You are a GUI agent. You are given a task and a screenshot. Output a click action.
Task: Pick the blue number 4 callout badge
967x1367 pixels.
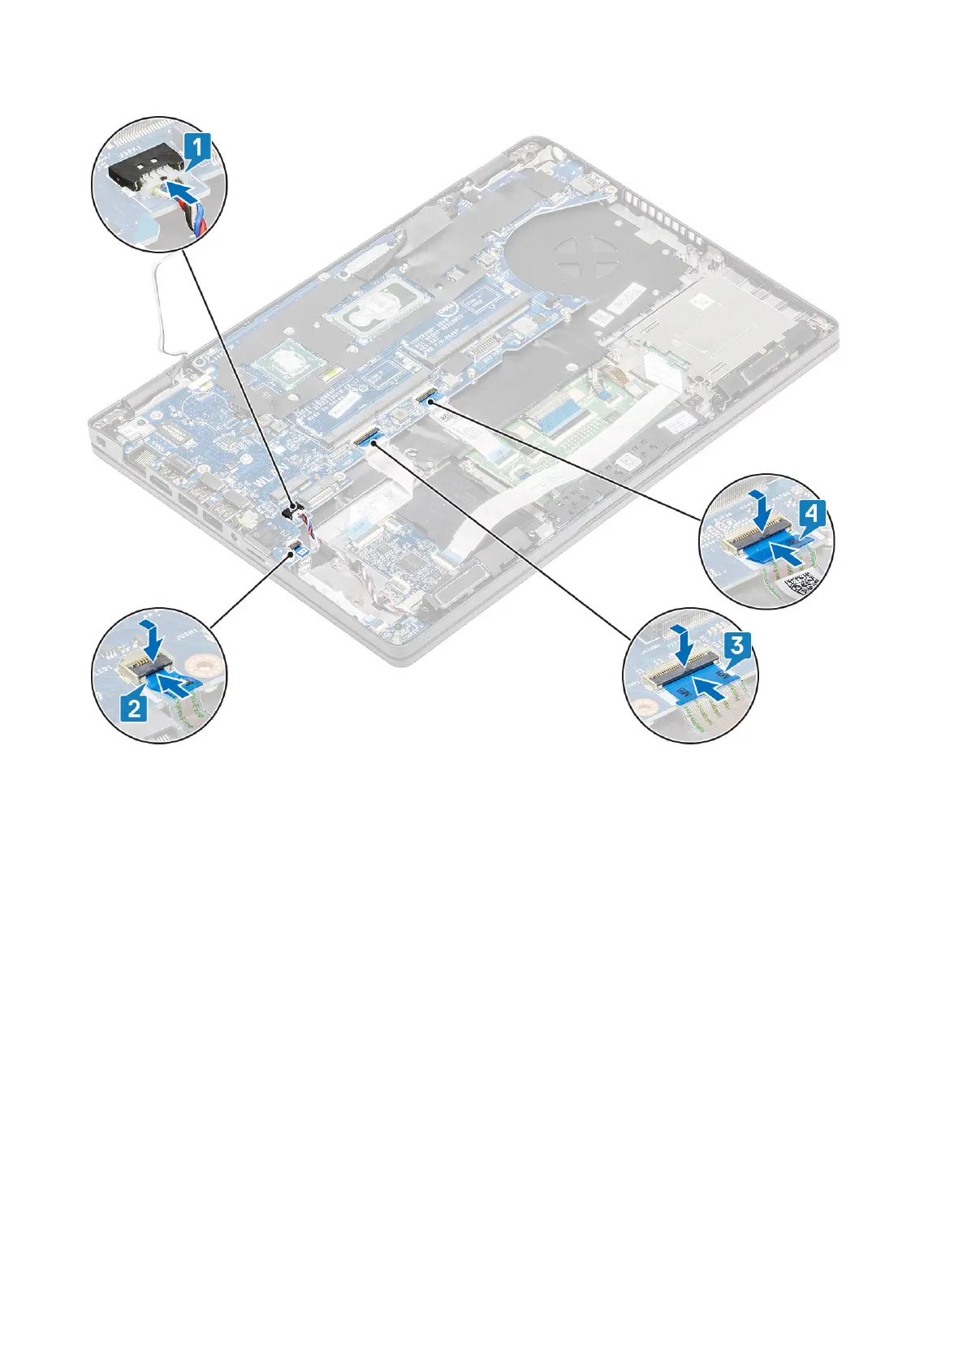[815, 514]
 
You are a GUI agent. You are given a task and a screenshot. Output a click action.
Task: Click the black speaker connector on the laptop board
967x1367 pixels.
[290, 511]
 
